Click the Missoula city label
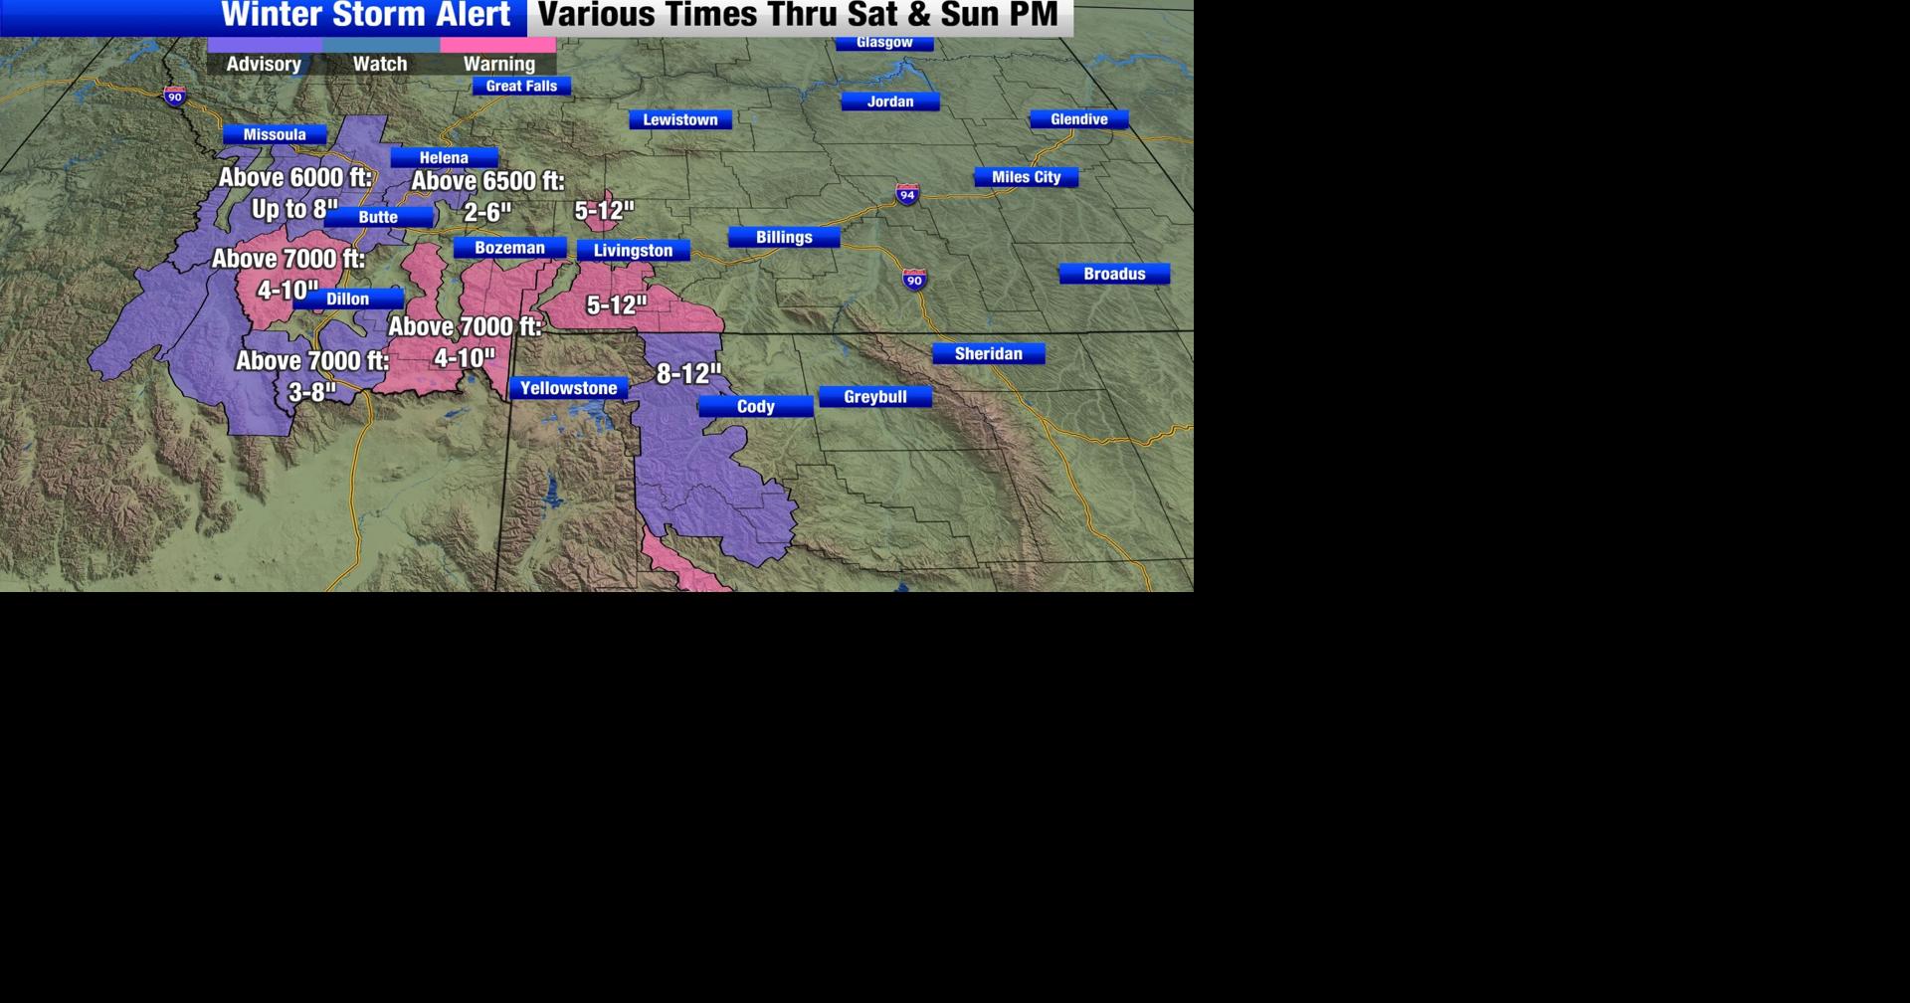[275, 134]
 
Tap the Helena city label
[444, 157]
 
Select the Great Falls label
[521, 86]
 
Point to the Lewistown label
[680, 119]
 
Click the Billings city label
[784, 237]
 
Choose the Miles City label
[1026, 177]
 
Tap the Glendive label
[1078, 119]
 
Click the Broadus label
[1114, 274]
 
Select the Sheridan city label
[988, 353]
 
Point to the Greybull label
[875, 397]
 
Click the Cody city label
[756, 406]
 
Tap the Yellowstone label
[569, 388]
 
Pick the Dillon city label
[348, 299]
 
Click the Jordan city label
[889, 101]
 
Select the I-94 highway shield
[907, 194]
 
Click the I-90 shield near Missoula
[175, 96]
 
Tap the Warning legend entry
[498, 63]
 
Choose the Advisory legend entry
[264, 63]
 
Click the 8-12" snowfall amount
[688, 374]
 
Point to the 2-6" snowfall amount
[487, 212]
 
